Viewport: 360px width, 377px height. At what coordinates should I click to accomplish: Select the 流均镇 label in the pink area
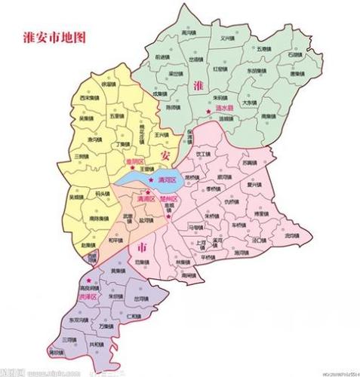(x=291, y=235)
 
